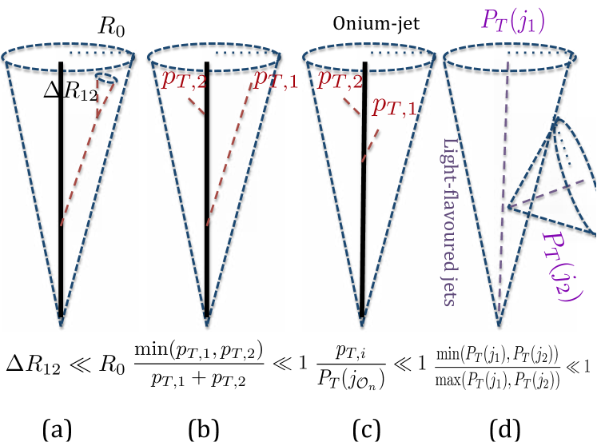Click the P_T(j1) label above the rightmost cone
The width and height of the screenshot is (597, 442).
512,20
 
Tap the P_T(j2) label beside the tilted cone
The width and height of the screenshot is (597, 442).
563,266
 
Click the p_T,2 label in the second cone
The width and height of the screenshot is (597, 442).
184,78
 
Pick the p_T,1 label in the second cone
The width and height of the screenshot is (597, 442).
276,78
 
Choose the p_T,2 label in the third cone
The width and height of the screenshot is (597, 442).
340,78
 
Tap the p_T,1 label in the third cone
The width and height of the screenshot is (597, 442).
395,106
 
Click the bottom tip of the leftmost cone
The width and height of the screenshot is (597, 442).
61,325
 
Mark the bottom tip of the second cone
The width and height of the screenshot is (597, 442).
207,325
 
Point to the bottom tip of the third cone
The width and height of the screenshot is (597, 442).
362,325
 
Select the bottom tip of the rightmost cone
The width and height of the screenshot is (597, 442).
499,325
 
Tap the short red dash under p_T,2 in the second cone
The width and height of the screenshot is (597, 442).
196,106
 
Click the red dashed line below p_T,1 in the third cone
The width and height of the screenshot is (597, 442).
370,145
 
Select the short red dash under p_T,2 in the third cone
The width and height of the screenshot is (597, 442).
352,106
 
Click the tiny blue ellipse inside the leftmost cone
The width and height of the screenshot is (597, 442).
106,79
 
